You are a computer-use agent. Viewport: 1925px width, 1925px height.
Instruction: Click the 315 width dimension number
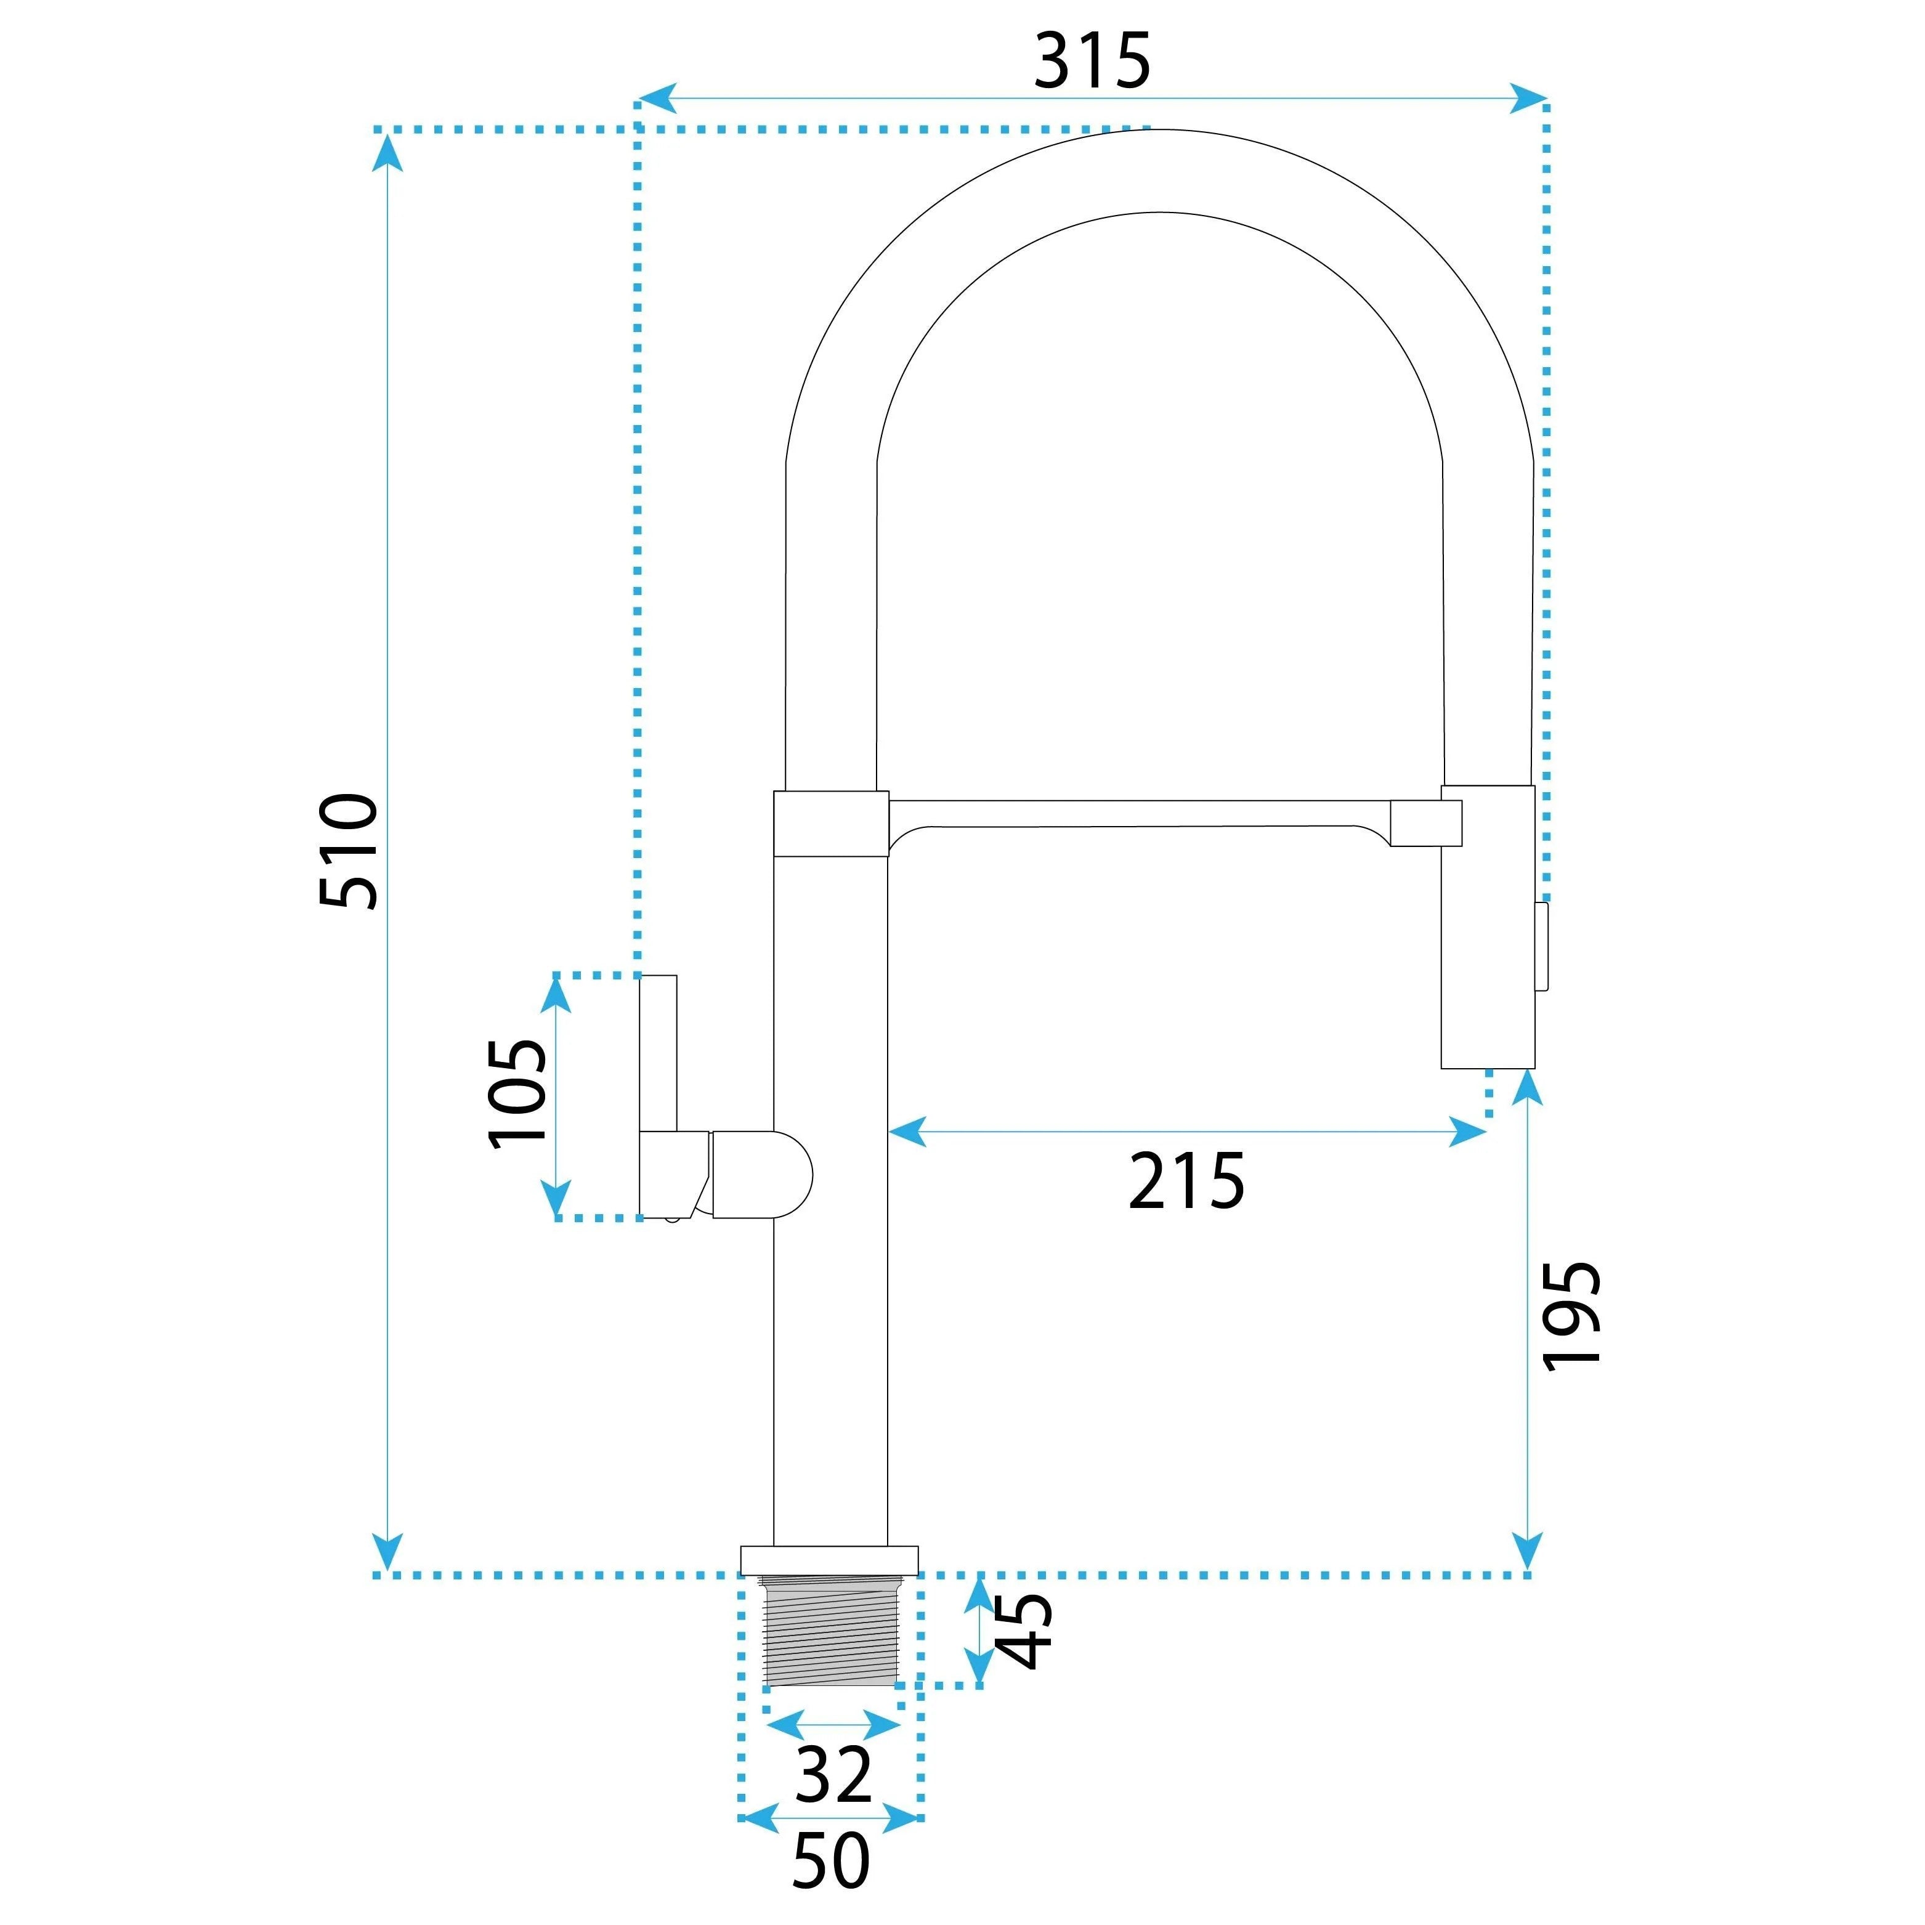coord(1092,62)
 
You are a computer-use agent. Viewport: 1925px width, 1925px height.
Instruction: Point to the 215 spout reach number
coord(1186,1181)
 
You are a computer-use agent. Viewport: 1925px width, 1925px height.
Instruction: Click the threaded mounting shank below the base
coord(830,1632)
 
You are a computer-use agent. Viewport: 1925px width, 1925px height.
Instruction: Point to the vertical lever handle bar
coord(658,1053)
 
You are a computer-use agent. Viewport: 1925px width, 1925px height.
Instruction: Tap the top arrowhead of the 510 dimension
coord(387,152)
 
